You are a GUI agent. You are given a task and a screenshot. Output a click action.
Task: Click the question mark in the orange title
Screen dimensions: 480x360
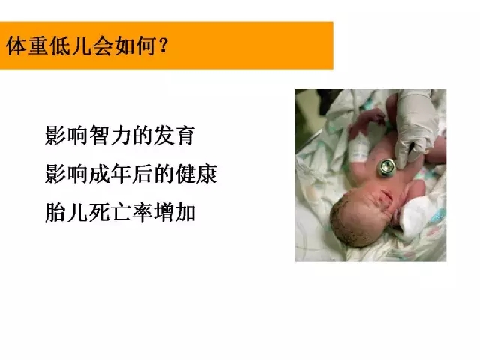pyautogui.click(x=163, y=46)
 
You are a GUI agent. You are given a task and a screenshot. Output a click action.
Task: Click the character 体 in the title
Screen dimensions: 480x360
pyautogui.click(x=16, y=46)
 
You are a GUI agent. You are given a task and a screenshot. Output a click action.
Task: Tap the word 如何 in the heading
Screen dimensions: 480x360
pyautogui.click(x=135, y=46)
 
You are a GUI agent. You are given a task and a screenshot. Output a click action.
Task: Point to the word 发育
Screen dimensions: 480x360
pyautogui.click(x=175, y=135)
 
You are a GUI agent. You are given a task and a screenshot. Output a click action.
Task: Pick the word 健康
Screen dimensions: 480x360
pyautogui.click(x=196, y=174)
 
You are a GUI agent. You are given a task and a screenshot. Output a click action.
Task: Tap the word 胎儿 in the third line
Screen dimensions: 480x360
pyautogui.click(x=66, y=212)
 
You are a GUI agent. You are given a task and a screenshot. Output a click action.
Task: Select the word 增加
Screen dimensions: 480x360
pyautogui.click(x=175, y=212)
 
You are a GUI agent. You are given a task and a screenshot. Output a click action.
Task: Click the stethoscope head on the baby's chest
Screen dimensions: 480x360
pyautogui.click(x=386, y=168)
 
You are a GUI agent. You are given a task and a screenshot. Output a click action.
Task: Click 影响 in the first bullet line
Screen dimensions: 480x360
pyautogui.click(x=66, y=135)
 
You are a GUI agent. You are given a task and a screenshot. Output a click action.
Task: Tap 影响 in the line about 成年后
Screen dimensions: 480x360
pyautogui.click(x=66, y=174)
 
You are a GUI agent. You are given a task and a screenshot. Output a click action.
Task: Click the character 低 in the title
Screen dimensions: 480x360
pyautogui.click(x=60, y=46)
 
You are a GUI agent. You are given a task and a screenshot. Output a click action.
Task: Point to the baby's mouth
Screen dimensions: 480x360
pyautogui.click(x=386, y=195)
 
